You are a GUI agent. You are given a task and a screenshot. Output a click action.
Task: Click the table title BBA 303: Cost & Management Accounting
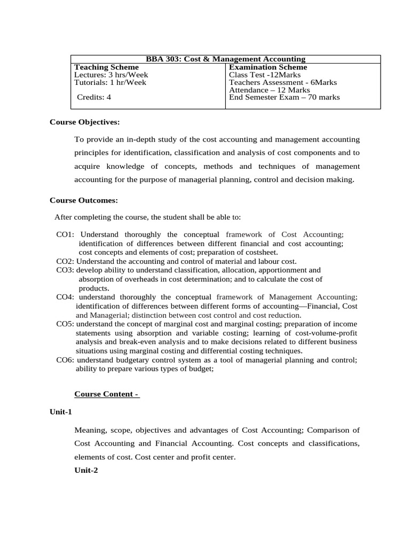[x=225, y=59]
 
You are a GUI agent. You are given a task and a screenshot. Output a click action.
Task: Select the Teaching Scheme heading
[x=106, y=67]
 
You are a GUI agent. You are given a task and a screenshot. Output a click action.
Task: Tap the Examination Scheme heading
[x=268, y=67]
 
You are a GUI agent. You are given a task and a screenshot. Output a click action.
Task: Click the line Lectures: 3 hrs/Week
[x=111, y=75]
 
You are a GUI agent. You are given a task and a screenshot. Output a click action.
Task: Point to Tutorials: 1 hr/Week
[x=110, y=82]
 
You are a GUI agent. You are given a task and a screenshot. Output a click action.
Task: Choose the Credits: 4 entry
[x=94, y=97]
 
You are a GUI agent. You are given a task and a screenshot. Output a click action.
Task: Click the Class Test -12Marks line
[x=265, y=75]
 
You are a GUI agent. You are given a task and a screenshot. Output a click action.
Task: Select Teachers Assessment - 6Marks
[x=283, y=82]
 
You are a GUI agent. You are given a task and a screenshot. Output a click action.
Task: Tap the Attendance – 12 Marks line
[x=269, y=90]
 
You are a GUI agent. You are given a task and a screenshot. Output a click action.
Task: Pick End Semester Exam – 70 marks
[x=284, y=97]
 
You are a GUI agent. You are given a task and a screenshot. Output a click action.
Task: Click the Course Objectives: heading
[x=84, y=122]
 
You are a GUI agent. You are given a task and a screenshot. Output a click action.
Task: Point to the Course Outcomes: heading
[x=84, y=200]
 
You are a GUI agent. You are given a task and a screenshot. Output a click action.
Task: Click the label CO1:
[x=66, y=235]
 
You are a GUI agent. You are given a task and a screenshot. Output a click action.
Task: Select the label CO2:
[x=65, y=261]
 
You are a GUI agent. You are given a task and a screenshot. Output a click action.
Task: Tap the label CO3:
[x=65, y=270]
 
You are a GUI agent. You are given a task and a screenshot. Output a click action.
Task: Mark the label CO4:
[x=66, y=297]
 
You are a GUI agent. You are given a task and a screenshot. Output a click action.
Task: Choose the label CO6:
[x=65, y=360]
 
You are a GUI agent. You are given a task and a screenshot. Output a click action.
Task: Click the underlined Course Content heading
[x=107, y=394]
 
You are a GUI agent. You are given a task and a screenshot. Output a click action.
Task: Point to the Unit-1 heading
[x=61, y=412]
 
